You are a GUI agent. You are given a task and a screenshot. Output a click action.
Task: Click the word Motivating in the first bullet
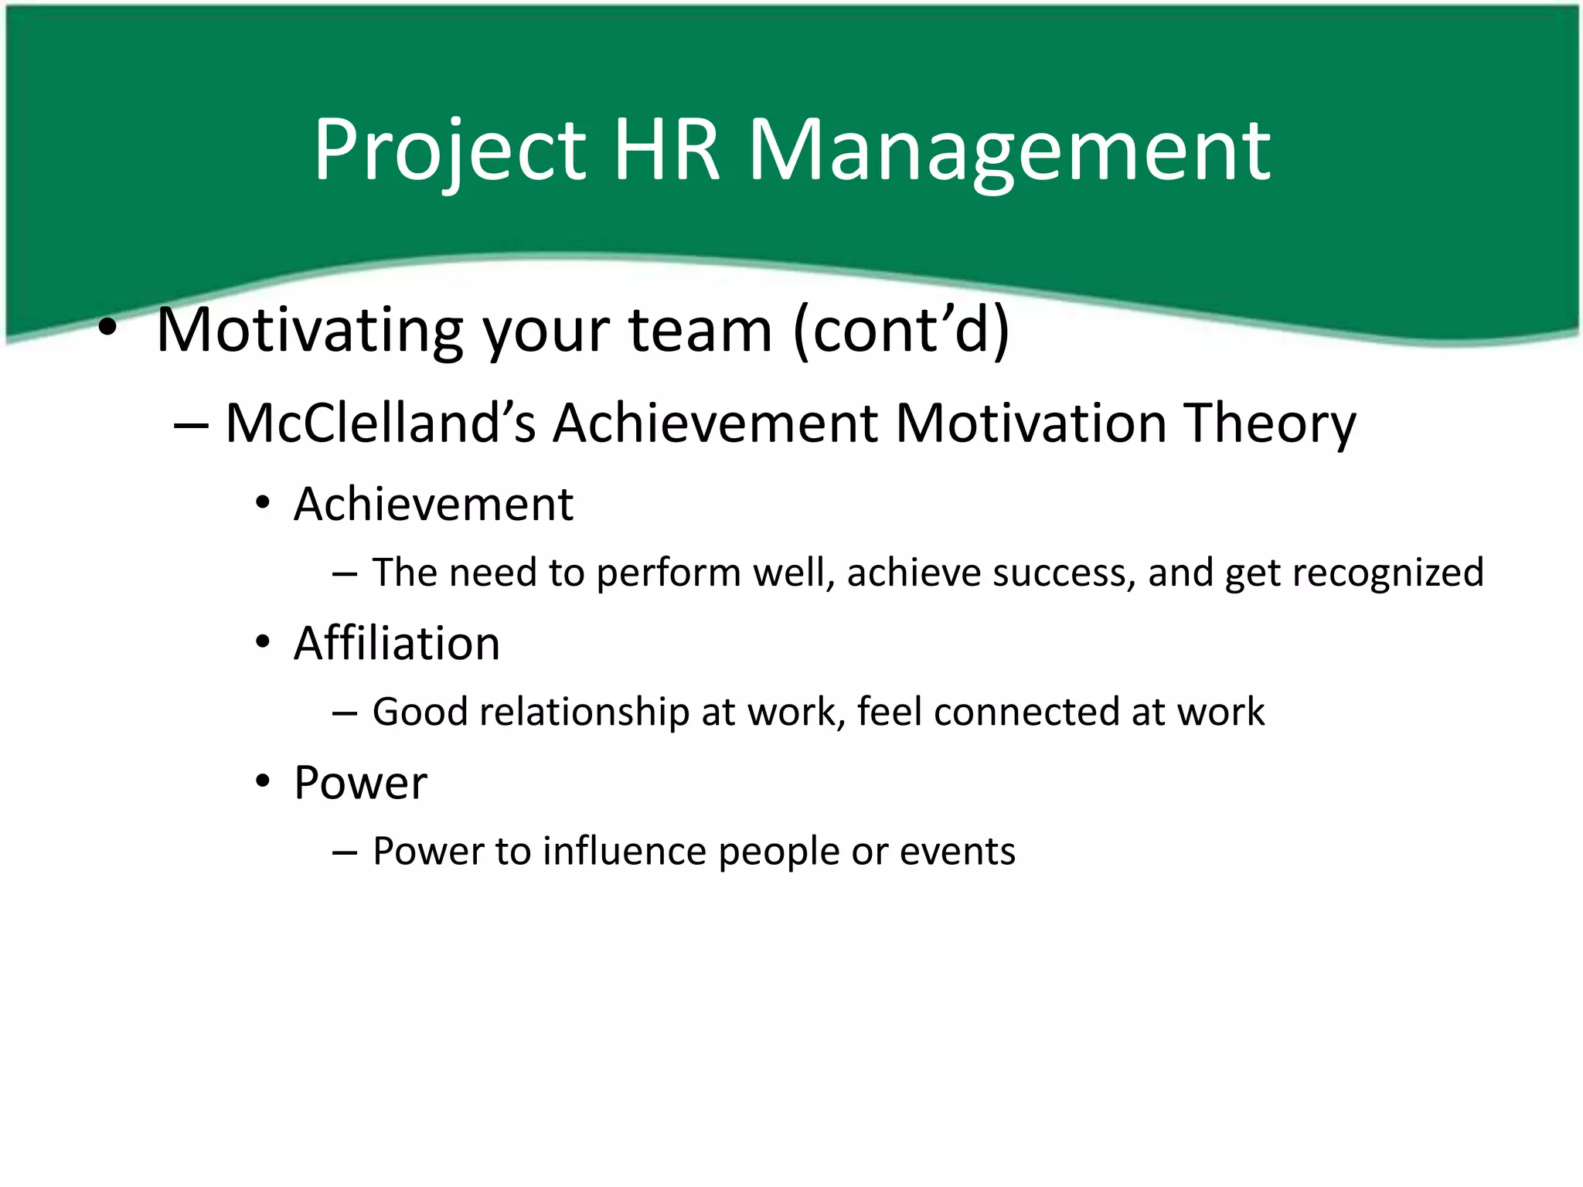tap(309, 330)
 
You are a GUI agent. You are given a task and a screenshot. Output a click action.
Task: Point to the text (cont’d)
tap(901, 330)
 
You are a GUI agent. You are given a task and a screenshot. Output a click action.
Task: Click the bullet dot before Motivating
tap(107, 330)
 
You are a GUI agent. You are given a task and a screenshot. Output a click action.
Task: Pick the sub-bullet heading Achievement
tap(434, 505)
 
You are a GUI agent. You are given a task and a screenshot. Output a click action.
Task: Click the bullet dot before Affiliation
tap(264, 642)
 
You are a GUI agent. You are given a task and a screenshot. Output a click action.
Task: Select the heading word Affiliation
tap(397, 643)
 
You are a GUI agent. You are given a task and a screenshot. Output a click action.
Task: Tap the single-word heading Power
tap(360, 783)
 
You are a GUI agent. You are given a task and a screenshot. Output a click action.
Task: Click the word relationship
tap(584, 712)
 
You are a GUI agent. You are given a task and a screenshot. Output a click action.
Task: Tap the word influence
tap(625, 851)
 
